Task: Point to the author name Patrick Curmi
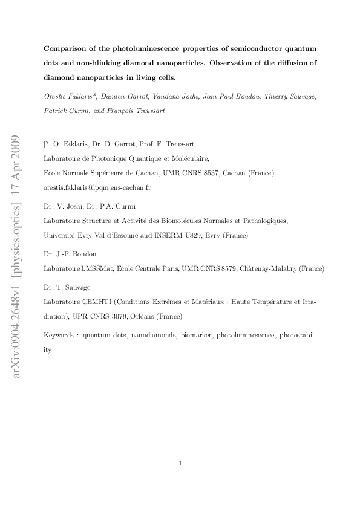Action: [x=66, y=111]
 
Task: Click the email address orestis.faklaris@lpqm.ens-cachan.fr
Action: [x=98, y=187]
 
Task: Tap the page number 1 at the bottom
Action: [x=180, y=463]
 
